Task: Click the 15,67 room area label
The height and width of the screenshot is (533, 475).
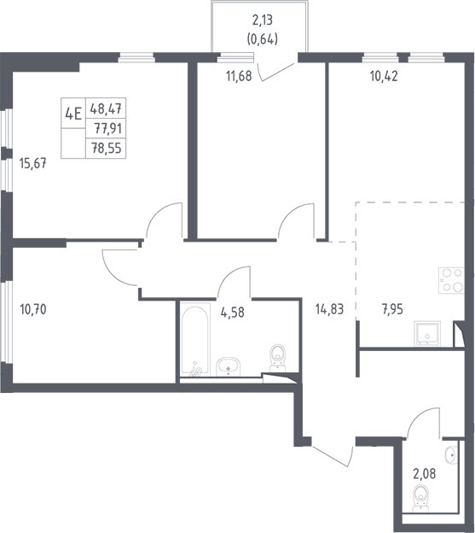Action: point(33,164)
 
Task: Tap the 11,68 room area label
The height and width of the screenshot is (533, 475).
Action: point(239,76)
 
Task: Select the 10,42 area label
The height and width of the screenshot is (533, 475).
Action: point(384,76)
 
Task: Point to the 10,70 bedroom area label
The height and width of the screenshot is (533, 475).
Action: point(33,310)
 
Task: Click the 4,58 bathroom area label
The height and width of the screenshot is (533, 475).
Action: point(233,312)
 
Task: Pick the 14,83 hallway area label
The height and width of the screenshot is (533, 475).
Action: point(329,309)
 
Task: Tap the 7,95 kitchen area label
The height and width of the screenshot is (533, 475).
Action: point(392,310)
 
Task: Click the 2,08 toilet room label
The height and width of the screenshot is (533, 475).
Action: point(425,473)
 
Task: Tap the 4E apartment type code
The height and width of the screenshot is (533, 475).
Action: point(73,114)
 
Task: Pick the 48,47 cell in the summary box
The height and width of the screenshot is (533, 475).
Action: point(106,108)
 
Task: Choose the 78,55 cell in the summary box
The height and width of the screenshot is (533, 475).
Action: point(106,149)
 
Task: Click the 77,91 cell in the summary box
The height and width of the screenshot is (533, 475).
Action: point(106,128)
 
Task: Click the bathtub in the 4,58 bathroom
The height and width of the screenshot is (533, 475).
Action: point(195,341)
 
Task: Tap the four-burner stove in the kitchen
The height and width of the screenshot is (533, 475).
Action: point(451,280)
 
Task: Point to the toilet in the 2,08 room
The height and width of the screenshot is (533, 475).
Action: point(421,498)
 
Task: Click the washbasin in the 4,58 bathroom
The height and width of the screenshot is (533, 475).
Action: point(228,366)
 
